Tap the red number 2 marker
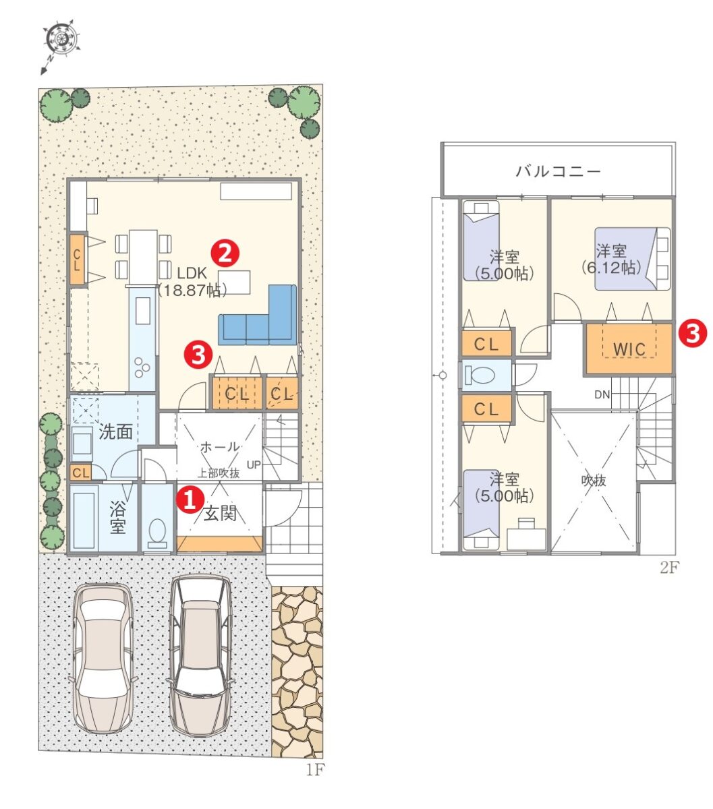[225, 253]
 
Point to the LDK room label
[192, 274]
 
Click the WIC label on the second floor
[629, 349]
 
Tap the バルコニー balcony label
[558, 172]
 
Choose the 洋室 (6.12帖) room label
[612, 260]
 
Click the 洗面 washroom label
[115, 431]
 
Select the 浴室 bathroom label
[118, 518]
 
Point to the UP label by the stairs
[254, 465]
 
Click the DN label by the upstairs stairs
[602, 394]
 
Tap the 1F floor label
[315, 769]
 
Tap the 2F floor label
[669, 568]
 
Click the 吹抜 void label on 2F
[594, 481]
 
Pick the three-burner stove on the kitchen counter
[142, 367]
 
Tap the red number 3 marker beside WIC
[693, 334]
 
